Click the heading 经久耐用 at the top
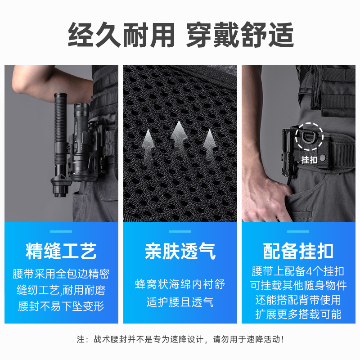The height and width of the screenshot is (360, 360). (x=121, y=35)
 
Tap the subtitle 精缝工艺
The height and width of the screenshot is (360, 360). (x=61, y=251)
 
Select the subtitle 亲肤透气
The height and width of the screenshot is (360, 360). (x=180, y=251)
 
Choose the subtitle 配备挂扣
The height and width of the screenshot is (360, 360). (x=298, y=251)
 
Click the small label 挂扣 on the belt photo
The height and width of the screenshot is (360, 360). (x=309, y=160)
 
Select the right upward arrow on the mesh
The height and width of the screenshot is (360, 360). (x=208, y=143)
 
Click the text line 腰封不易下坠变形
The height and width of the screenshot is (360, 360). (x=61, y=306)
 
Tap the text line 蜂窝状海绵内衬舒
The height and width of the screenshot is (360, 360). (x=180, y=284)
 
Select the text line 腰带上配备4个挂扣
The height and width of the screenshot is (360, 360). (x=298, y=271)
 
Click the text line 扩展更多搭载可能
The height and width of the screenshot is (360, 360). (x=298, y=314)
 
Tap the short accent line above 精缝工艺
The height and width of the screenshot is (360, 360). (x=61, y=231)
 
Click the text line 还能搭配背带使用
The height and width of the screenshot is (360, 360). (x=298, y=300)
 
